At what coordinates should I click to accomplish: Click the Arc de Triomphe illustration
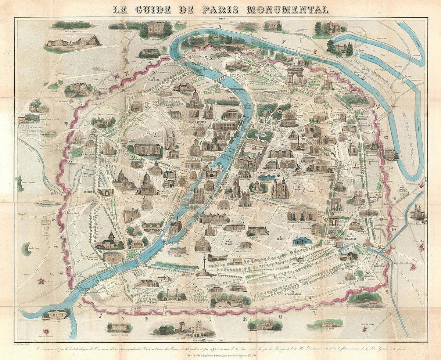tap(295, 76)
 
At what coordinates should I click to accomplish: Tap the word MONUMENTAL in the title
tap(280, 8)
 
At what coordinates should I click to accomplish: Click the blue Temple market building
tap(302, 241)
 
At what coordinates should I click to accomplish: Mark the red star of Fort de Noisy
tap(365, 329)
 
